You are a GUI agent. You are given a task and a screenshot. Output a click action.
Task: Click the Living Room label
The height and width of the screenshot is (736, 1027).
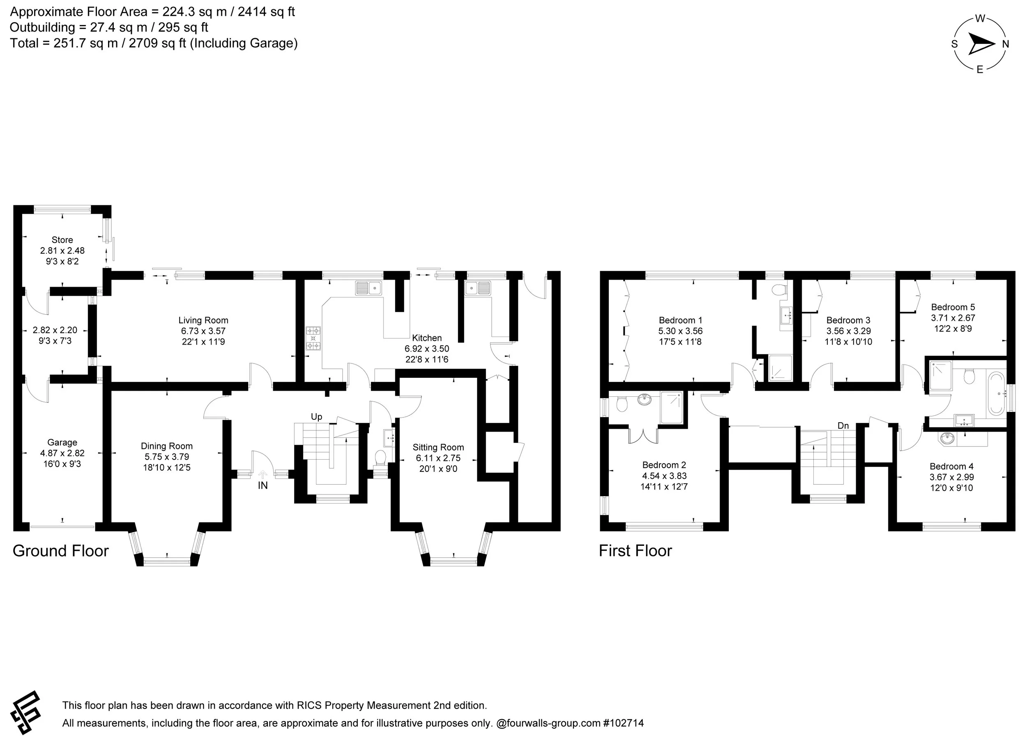pos(203,320)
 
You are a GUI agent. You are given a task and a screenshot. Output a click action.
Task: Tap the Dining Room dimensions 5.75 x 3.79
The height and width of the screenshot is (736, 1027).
pos(167,457)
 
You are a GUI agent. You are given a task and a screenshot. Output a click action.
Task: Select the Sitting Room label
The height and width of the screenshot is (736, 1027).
pos(438,447)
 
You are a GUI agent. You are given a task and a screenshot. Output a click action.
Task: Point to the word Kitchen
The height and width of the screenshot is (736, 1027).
pos(426,338)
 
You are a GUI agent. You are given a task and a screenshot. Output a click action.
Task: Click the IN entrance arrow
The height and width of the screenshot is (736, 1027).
pos(263,474)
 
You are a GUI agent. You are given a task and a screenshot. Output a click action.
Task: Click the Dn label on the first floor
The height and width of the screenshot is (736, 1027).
pos(843,425)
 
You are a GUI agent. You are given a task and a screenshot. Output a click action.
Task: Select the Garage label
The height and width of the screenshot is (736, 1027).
pos(62,442)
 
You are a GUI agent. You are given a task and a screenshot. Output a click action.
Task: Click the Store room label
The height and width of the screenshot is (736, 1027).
pos(62,240)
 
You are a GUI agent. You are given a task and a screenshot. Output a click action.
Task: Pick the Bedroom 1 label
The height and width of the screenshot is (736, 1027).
pos(680,320)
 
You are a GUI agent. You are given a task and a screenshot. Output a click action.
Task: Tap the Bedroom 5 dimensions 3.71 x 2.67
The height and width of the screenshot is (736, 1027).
pos(953,318)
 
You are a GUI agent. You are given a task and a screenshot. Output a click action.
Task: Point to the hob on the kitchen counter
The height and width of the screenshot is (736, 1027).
pos(313,338)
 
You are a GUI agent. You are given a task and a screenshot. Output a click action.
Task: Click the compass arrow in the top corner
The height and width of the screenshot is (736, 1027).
pos(981,44)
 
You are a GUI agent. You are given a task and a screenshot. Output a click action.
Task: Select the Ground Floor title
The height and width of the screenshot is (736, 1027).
pos(61,551)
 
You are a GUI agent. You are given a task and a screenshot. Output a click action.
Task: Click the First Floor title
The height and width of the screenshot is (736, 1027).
pos(636,551)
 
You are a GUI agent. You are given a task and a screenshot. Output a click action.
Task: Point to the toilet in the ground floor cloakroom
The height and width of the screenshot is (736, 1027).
pos(380,457)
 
